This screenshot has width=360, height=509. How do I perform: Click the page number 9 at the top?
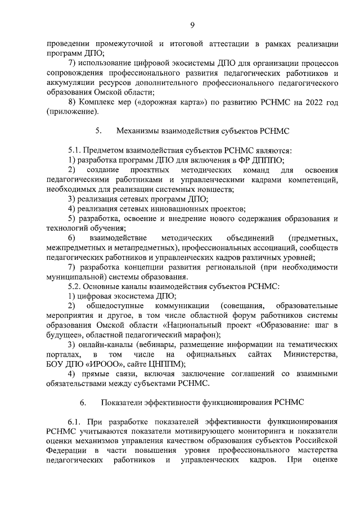[x=192, y=24]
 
